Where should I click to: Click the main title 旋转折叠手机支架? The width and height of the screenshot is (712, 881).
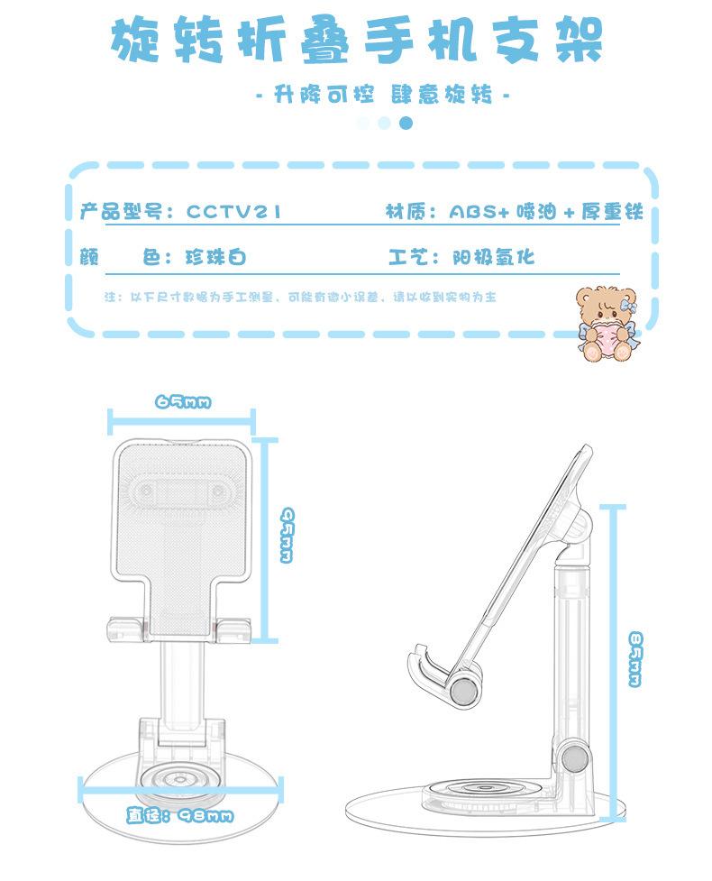point(356,41)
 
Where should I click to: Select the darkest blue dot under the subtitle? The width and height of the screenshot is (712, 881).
point(406,123)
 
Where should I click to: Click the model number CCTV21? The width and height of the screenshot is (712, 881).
point(234,212)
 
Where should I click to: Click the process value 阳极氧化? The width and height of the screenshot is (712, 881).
point(493,258)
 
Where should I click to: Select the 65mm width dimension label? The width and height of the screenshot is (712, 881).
point(183,401)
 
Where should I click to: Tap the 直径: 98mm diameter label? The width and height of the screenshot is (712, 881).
point(181,816)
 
